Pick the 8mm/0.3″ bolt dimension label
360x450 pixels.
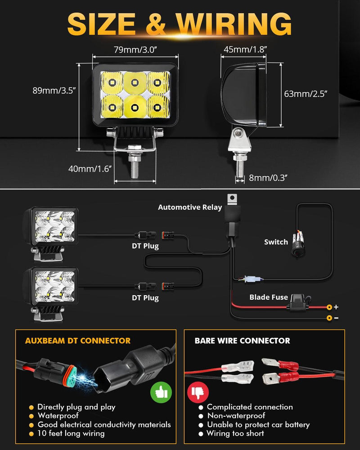[x=268, y=178]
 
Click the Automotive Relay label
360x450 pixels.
[x=190, y=207]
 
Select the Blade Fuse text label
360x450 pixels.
[x=269, y=297]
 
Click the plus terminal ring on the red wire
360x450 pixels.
[x=329, y=307]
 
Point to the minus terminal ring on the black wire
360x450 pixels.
[x=329, y=318]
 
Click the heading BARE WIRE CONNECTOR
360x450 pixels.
[x=242, y=341]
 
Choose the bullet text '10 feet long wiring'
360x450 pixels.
[x=71, y=434]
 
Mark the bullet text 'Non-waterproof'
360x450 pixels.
[x=236, y=416]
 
